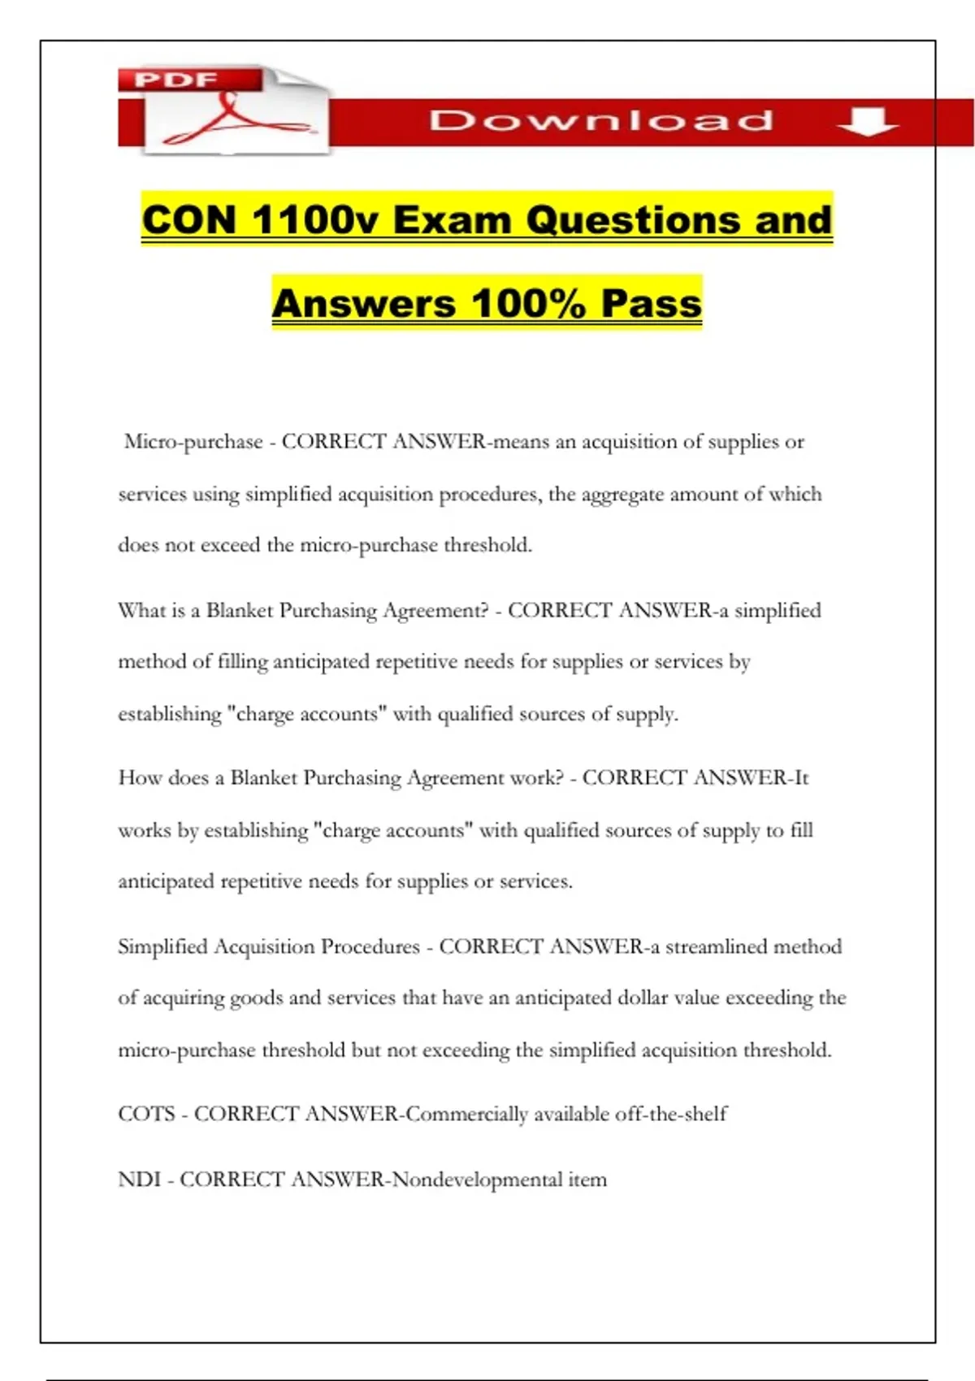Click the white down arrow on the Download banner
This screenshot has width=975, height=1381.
click(x=867, y=121)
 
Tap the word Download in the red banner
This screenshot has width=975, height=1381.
click(x=600, y=121)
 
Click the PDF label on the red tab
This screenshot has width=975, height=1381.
click(x=175, y=80)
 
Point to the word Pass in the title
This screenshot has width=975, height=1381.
click(x=651, y=303)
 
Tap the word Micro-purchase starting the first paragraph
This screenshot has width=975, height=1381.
click(x=193, y=442)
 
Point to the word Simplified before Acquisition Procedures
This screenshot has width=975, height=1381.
click(x=162, y=946)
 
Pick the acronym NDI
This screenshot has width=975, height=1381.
click(x=139, y=1180)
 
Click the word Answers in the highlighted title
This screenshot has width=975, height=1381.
click(x=364, y=303)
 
